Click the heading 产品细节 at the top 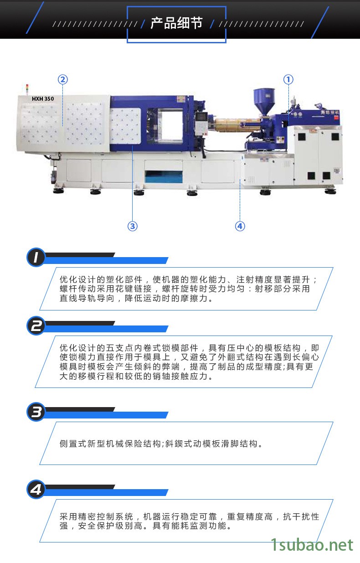point(176,23)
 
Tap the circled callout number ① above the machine point(288,79)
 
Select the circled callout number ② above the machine point(63,79)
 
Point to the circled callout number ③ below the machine point(133,226)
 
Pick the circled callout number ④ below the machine point(240,226)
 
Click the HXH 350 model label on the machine point(43,99)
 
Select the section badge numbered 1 point(36,258)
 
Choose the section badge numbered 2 point(36,326)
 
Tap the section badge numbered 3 point(36,412)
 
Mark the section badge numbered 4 point(36,489)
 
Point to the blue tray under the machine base point(164,176)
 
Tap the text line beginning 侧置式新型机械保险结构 point(161,444)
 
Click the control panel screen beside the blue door point(201,116)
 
